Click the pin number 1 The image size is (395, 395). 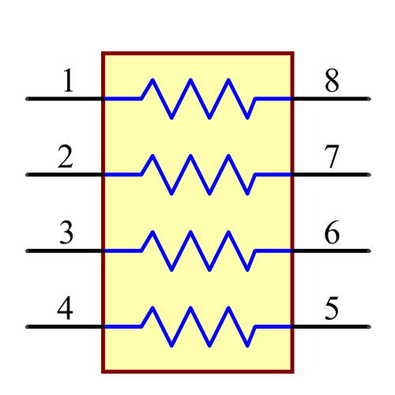click(x=68, y=81)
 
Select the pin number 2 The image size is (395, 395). click(x=66, y=157)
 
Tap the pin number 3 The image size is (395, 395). click(x=66, y=233)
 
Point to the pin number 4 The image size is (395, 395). click(x=66, y=309)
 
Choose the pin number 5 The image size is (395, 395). click(x=332, y=309)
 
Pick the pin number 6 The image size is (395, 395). click(x=332, y=233)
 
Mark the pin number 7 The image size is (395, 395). click(x=332, y=157)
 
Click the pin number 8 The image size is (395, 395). click(x=332, y=81)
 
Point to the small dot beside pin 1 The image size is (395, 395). click(x=27, y=99)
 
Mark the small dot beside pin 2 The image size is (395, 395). click(x=27, y=175)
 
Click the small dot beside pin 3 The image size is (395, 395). click(x=27, y=250)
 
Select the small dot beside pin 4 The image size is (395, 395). click(x=27, y=326)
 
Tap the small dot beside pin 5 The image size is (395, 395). click(x=369, y=326)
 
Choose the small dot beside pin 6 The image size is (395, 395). click(x=369, y=250)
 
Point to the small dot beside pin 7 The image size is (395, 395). click(x=369, y=175)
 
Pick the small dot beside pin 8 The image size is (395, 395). click(x=369, y=99)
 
